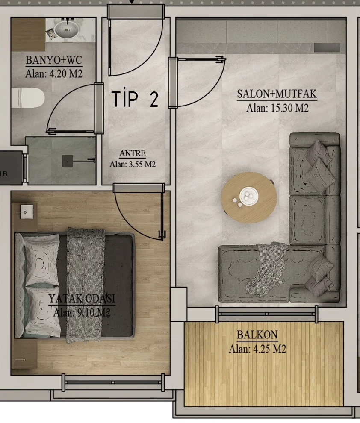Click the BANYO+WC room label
click(54, 60)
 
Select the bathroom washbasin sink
click(66, 29)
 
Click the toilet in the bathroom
click(28, 98)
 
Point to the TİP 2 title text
click(135, 99)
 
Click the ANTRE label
click(133, 153)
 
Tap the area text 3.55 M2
click(142, 164)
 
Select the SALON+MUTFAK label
click(277, 94)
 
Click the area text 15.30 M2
click(288, 108)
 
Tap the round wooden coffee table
click(249, 197)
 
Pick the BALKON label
click(257, 335)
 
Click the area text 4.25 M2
click(269, 349)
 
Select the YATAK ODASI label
click(82, 299)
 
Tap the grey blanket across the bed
click(86, 285)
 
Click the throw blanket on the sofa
click(266, 268)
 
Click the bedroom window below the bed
click(113, 382)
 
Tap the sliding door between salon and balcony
click(267, 314)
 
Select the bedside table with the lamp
click(25, 217)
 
